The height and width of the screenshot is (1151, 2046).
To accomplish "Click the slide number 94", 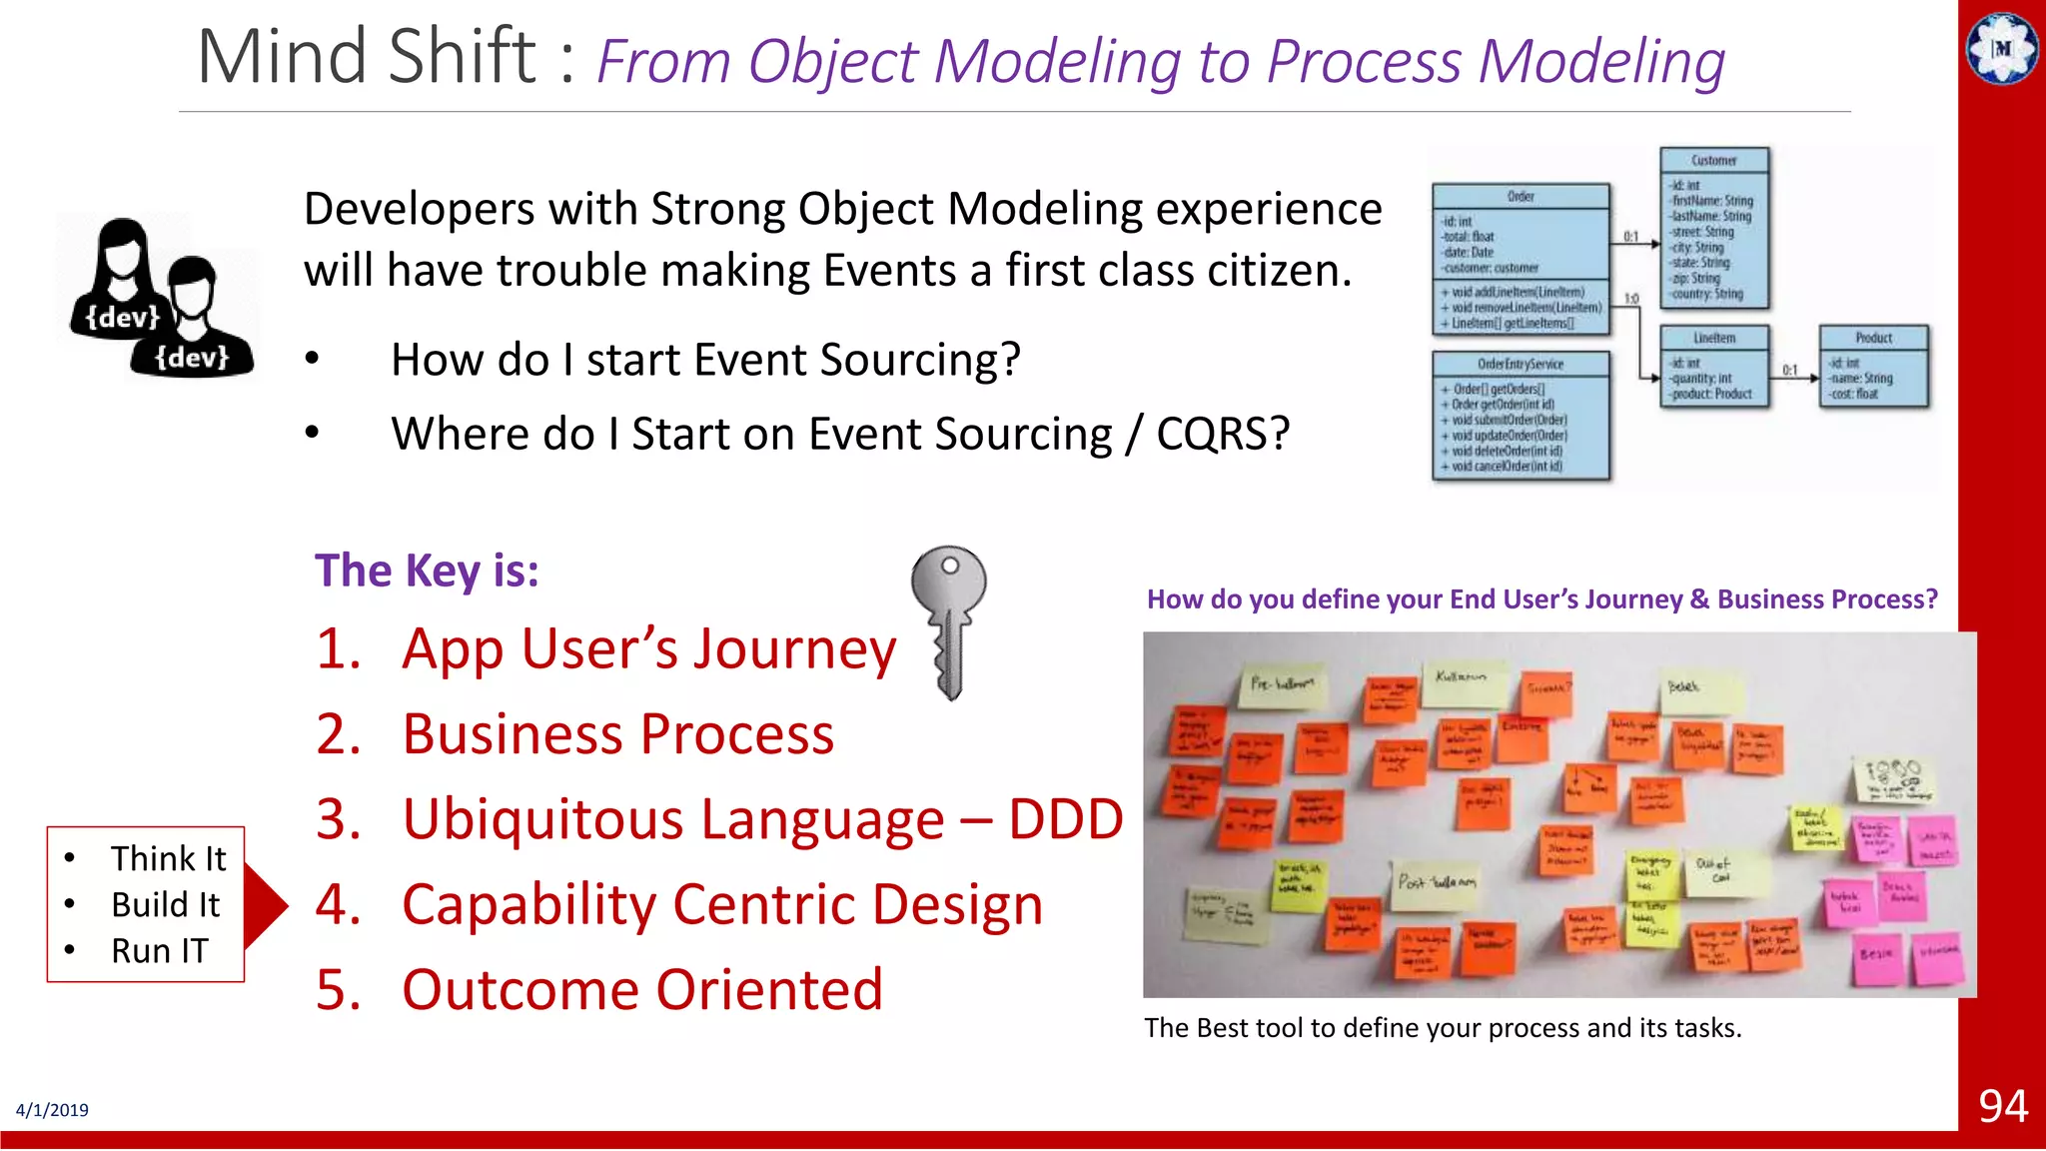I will tap(2002, 1107).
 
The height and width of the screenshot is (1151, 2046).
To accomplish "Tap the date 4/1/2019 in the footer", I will tap(52, 1110).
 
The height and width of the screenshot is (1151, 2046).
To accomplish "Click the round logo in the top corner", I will tap(2002, 47).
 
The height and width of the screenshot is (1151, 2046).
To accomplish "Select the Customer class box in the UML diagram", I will tap(1714, 228).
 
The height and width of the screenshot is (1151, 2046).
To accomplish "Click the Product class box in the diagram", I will tap(1873, 366).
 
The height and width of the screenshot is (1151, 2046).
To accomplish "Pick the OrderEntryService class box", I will tap(1521, 415).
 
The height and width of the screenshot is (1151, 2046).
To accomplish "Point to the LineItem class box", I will tap(1714, 366).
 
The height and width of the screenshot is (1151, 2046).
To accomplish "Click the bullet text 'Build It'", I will tap(165, 905).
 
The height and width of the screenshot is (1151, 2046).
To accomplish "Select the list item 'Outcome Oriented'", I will tap(641, 990).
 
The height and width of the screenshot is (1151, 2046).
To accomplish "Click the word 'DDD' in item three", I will tap(1065, 820).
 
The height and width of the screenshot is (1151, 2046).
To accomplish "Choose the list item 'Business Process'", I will tap(617, 735).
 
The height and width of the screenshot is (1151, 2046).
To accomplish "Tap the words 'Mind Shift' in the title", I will tap(368, 58).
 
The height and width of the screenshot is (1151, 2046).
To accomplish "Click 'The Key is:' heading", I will tap(427, 572).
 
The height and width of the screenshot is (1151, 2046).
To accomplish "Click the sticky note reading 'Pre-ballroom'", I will tap(1282, 685).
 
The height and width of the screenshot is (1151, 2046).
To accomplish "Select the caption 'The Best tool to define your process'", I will tap(1442, 1028).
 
